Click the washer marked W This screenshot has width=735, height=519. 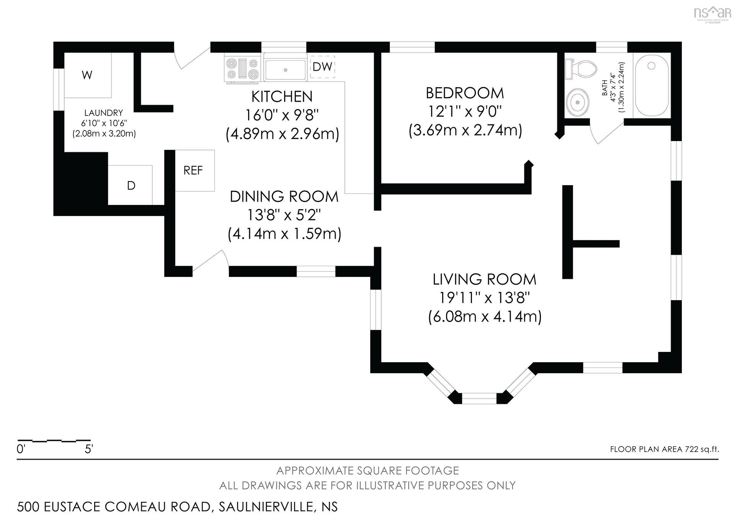tap(87, 75)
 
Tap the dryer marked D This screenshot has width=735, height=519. tap(131, 185)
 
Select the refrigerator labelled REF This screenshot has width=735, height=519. tap(195, 171)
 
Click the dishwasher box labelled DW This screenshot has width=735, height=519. tap(322, 67)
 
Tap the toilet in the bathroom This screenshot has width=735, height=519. tap(581, 69)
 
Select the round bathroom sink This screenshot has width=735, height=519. tap(577, 102)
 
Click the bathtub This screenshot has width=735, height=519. tap(652, 85)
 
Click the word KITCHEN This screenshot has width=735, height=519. tap(282, 96)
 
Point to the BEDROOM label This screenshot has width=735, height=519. tap(465, 93)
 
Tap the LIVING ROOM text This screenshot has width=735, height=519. tap(484, 279)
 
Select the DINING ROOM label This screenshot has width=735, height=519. tap(284, 197)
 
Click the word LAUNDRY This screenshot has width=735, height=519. tap(104, 113)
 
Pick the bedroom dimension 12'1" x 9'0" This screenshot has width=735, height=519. tap(465, 112)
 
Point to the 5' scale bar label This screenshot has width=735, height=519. tap(89, 449)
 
